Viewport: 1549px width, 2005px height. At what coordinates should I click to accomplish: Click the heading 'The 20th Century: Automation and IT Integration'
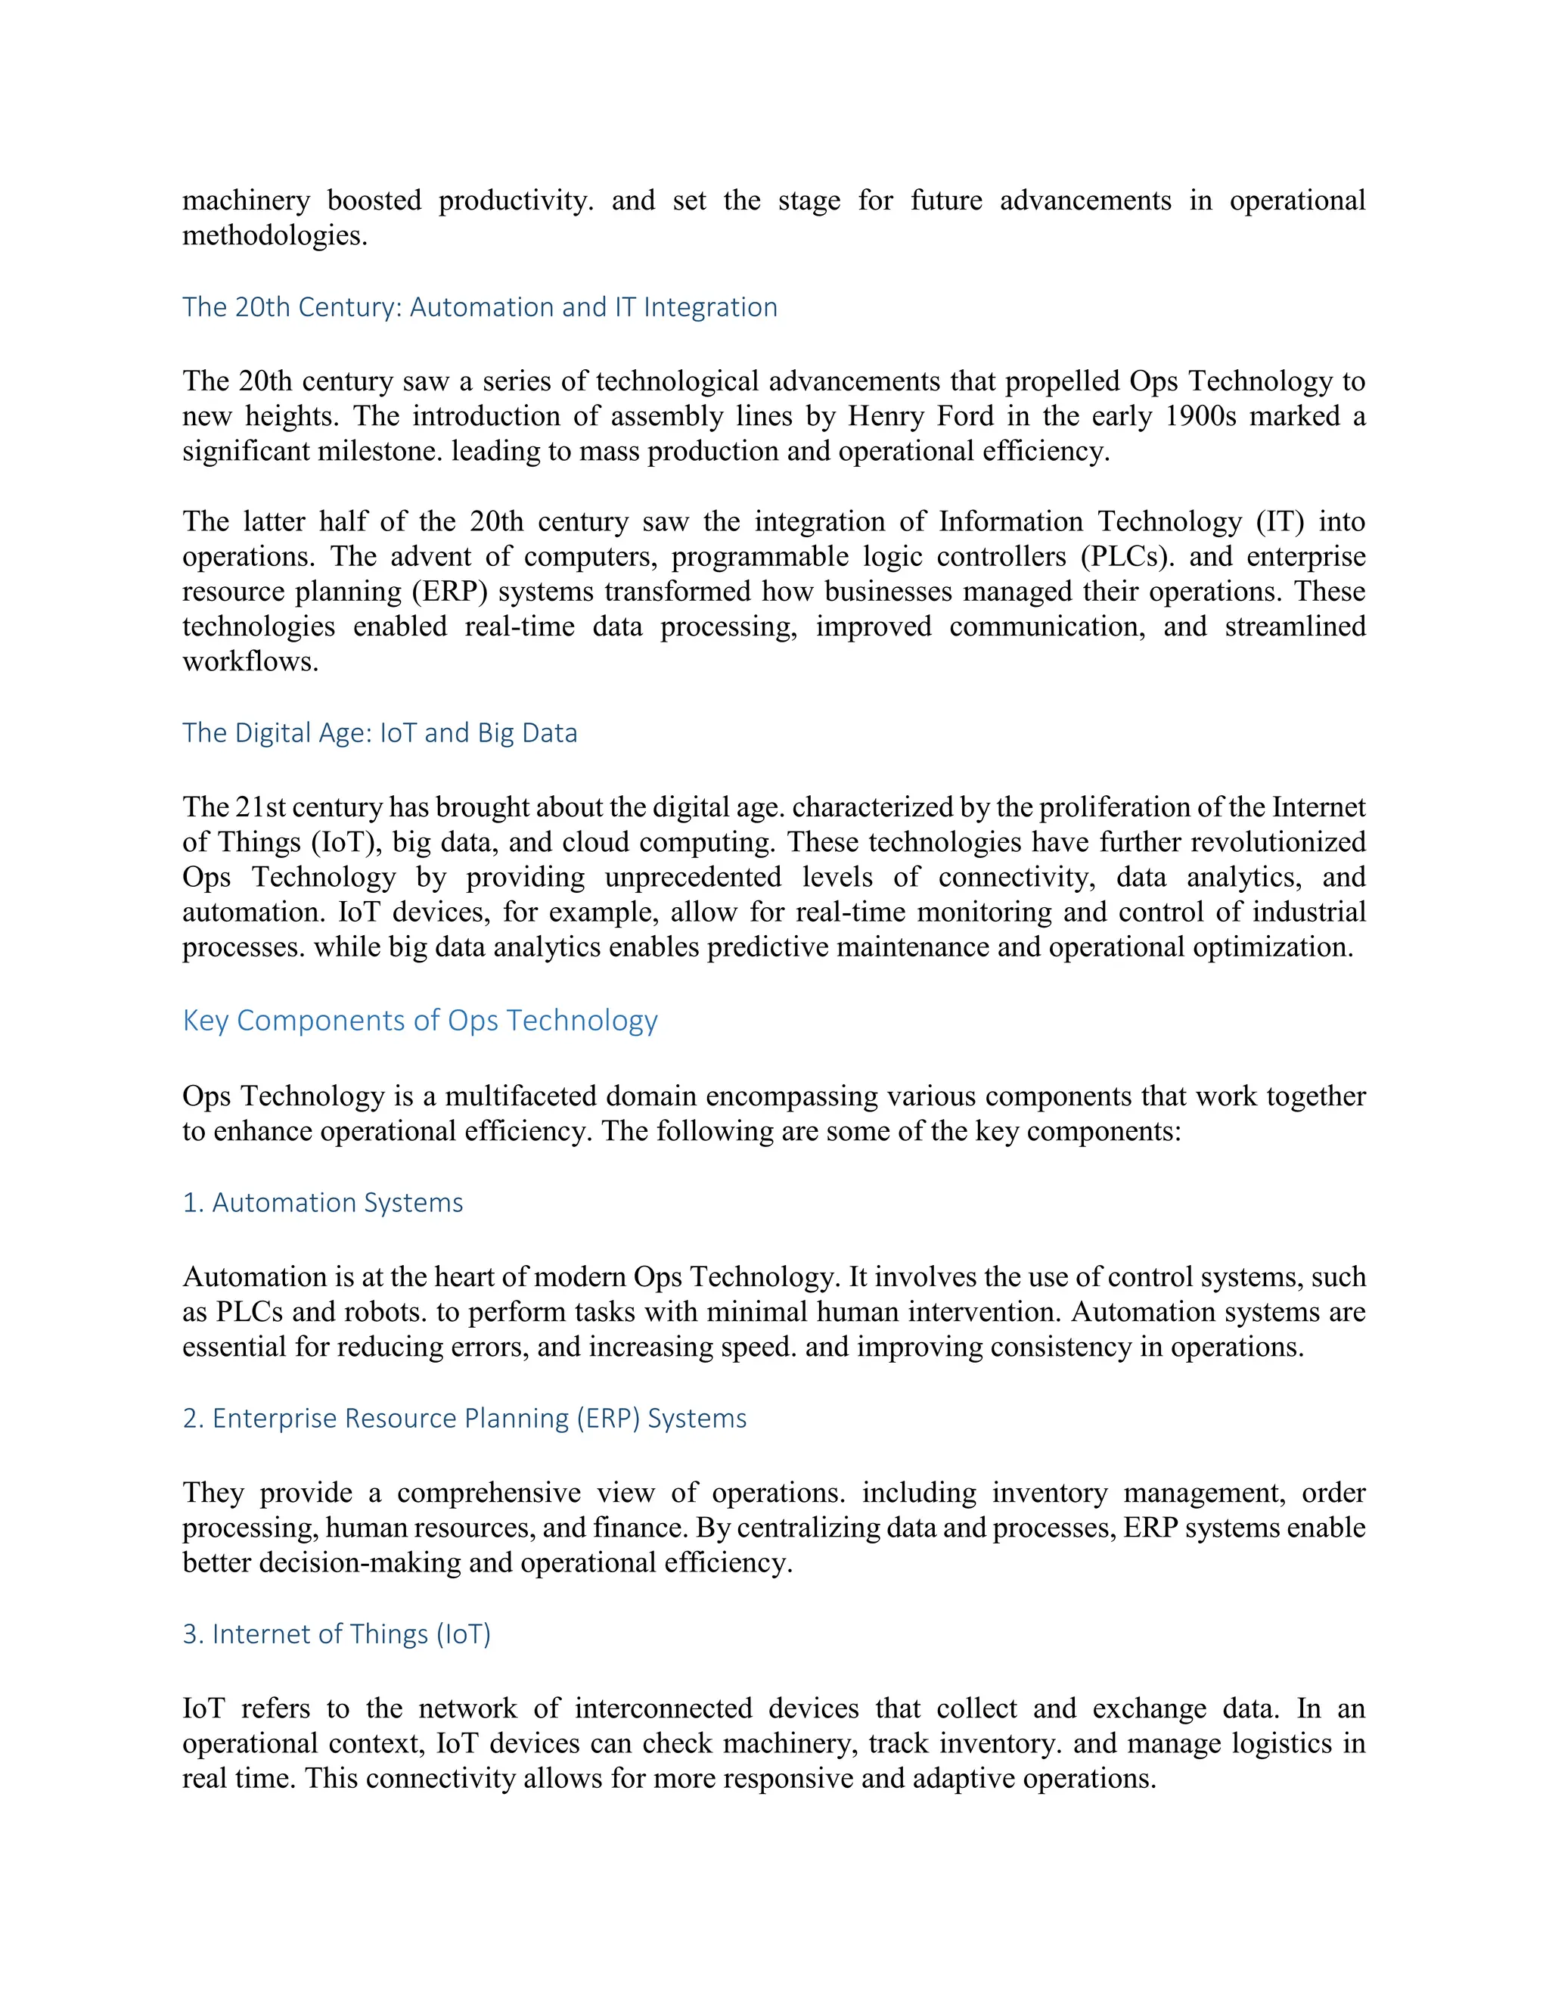[479, 306]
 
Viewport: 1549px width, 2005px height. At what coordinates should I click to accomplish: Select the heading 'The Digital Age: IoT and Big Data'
[380, 732]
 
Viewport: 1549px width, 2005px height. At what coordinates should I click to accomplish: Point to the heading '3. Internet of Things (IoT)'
[336, 1634]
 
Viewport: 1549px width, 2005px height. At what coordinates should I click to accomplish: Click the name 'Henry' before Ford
[885, 416]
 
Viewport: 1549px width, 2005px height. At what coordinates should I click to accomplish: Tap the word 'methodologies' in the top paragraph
[274, 236]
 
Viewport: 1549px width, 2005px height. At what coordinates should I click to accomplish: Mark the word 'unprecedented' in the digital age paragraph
[693, 877]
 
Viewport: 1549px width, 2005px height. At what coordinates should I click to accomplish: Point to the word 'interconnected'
[663, 1708]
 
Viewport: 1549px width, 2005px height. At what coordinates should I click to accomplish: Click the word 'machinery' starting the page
[246, 201]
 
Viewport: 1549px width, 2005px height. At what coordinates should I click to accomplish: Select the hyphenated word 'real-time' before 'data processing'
[520, 626]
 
